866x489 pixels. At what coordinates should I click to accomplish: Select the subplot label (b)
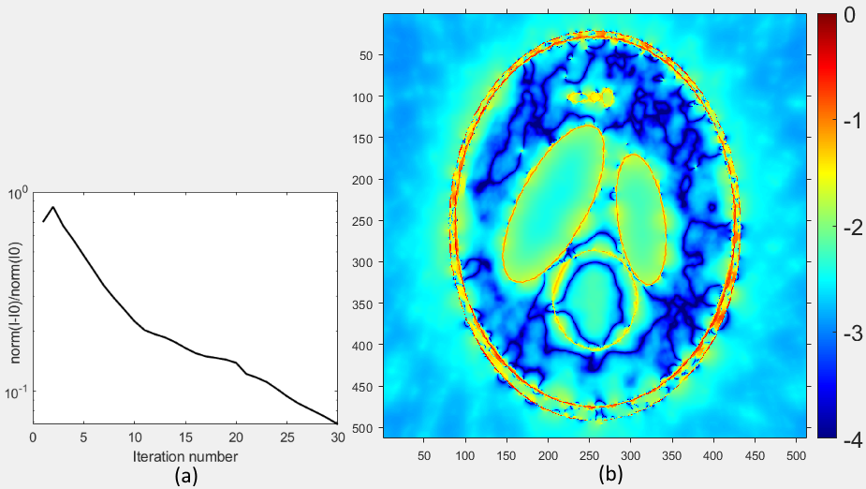pyautogui.click(x=611, y=475)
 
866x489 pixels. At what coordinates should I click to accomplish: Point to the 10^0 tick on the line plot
pyautogui.click(x=20, y=194)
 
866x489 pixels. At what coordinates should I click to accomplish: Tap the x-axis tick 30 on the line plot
pyautogui.click(x=337, y=437)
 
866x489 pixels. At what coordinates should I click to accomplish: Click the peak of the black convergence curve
pyautogui.click(x=53, y=207)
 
